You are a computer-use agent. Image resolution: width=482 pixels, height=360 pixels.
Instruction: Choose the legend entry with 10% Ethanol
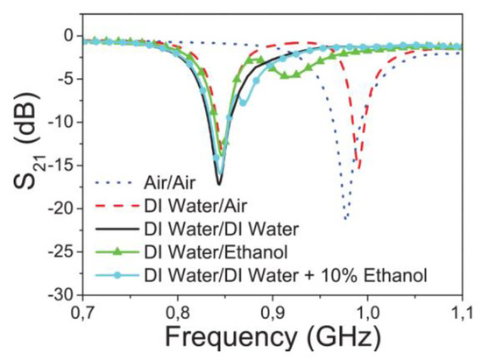point(263,275)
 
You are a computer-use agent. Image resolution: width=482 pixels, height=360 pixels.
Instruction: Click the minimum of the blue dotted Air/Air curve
point(347,218)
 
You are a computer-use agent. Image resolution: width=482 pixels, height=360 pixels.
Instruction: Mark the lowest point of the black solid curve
point(219,184)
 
